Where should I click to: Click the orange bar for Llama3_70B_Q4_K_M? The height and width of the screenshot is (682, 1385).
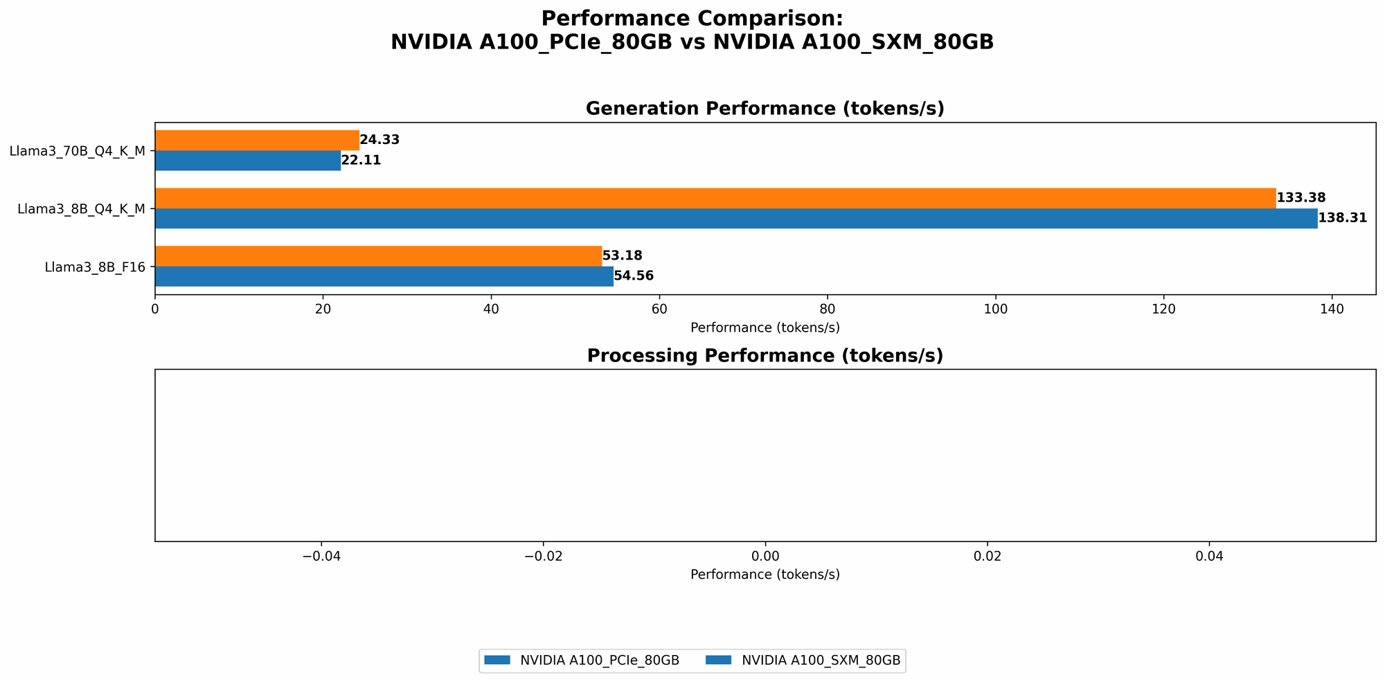257,141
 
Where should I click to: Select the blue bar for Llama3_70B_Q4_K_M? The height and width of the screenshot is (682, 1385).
248,161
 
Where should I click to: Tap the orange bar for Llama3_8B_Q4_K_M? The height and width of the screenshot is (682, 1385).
715,198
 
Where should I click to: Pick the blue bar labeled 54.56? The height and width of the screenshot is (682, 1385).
384,276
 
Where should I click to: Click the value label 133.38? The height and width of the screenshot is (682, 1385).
1301,198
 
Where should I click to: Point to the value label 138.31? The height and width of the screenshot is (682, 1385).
1342,218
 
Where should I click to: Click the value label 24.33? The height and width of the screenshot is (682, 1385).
379,140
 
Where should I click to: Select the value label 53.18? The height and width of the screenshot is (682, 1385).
622,256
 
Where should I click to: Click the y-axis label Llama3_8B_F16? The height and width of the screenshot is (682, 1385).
95,267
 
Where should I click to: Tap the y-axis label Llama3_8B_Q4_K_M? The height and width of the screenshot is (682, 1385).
81,208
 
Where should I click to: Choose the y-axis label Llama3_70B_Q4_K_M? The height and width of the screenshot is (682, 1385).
78,151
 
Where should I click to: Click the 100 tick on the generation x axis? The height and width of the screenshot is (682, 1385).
995,309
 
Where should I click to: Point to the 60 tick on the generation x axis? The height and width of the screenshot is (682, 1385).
659,309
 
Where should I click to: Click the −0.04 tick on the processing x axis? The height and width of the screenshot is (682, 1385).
321,556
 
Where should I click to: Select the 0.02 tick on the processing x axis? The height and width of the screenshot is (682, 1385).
988,556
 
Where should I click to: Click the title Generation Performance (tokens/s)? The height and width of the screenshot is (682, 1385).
765,109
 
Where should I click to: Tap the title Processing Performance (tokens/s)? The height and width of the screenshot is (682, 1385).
765,356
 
